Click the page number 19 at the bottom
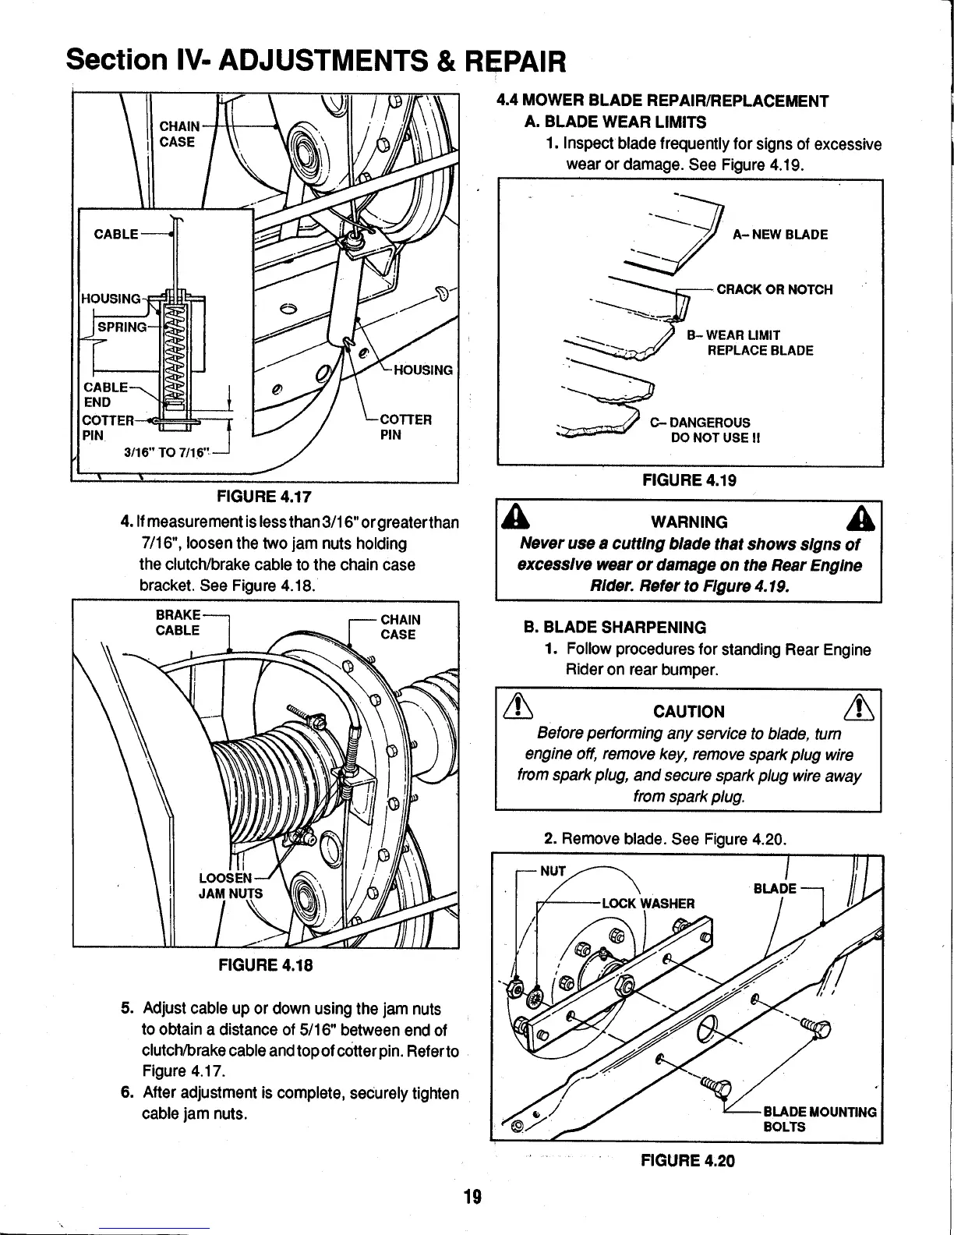pos(474,1196)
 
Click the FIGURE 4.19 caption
pos(689,481)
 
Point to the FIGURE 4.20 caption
pos(687,1160)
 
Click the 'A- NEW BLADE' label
pos(780,235)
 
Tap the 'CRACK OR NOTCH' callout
pos(774,290)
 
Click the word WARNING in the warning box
pos(689,522)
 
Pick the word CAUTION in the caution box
pos(689,711)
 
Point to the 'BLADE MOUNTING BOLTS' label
pos(819,1119)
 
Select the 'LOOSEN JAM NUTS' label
pos(230,885)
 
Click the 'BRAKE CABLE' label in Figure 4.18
pos(178,622)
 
